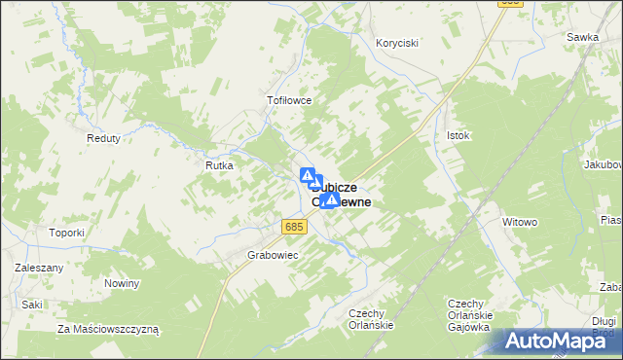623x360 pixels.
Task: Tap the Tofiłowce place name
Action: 288,99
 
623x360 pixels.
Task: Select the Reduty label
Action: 103,138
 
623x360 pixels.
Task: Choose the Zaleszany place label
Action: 39,268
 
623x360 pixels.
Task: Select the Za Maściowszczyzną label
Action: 108,329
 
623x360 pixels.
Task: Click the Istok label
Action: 458,135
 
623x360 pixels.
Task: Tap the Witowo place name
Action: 520,222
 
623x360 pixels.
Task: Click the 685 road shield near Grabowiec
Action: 296,227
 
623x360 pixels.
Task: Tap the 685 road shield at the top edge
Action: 509,3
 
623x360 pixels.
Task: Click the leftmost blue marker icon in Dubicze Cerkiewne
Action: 307,176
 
